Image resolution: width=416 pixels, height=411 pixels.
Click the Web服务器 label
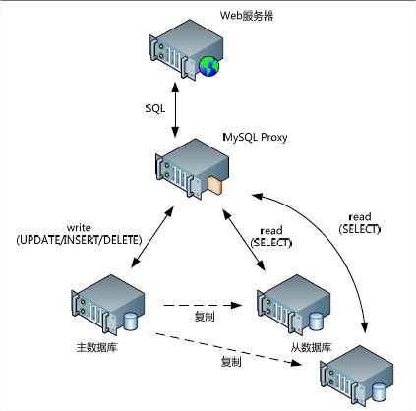(247, 16)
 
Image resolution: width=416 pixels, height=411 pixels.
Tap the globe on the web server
(208, 66)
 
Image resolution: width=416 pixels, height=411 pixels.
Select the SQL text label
(155, 108)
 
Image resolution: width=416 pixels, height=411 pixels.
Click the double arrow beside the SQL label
(175, 110)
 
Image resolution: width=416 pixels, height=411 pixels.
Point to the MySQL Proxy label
(255, 137)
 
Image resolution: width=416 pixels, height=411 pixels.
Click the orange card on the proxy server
(215, 185)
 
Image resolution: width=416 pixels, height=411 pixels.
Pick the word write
(79, 227)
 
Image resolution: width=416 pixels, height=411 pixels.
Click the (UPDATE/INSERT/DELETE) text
(79, 240)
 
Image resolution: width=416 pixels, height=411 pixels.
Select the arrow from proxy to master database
(152, 238)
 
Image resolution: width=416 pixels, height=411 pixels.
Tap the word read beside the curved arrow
(360, 216)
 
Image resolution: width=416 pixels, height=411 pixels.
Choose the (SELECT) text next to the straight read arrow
(270, 243)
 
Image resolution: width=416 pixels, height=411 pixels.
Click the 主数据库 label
(96, 347)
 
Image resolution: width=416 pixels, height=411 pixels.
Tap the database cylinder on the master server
(131, 322)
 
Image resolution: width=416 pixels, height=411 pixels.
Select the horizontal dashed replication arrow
(204, 305)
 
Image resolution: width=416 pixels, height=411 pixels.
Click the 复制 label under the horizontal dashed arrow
(205, 317)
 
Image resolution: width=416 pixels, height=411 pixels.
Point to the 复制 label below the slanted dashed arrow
(231, 362)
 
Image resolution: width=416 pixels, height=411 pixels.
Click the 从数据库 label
(311, 347)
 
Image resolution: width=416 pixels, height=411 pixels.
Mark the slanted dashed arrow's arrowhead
(297, 363)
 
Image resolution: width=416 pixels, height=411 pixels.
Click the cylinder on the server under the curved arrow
(379, 392)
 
